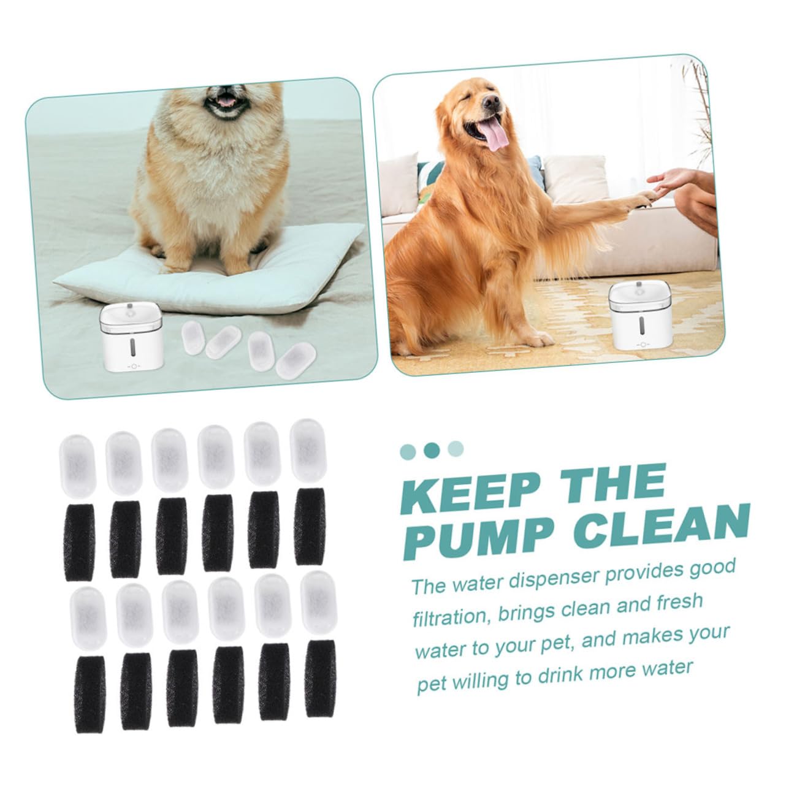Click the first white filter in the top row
coord(77,466)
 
